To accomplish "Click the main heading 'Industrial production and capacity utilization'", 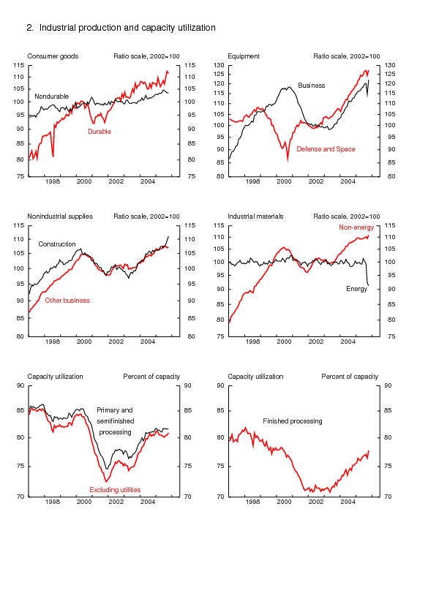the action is coord(127,28).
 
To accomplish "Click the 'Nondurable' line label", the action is coord(52,97).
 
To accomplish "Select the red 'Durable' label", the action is coord(100,132).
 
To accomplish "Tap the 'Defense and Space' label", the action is coord(326,149).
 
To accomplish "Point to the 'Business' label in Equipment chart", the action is coord(311,86).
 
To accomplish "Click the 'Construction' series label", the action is coord(57,244).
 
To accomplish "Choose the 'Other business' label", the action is coord(67,301).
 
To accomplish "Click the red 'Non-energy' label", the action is coord(356,227).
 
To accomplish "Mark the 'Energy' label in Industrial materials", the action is coord(356,289).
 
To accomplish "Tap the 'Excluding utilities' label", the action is coord(115,490).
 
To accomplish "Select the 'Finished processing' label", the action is coord(293,421).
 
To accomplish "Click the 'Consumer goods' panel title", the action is coord(53,56).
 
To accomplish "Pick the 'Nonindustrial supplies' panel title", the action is coord(60,216).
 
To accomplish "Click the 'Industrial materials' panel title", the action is coord(255,216).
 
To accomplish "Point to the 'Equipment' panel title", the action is coord(244,56).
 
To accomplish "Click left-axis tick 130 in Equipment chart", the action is coord(219,65).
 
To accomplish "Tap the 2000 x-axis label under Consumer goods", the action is coord(84,181).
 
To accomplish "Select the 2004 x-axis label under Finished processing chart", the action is coord(348,502).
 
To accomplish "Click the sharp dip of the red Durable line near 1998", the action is coord(53,156).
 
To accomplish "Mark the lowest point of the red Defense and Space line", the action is coord(288,161).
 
